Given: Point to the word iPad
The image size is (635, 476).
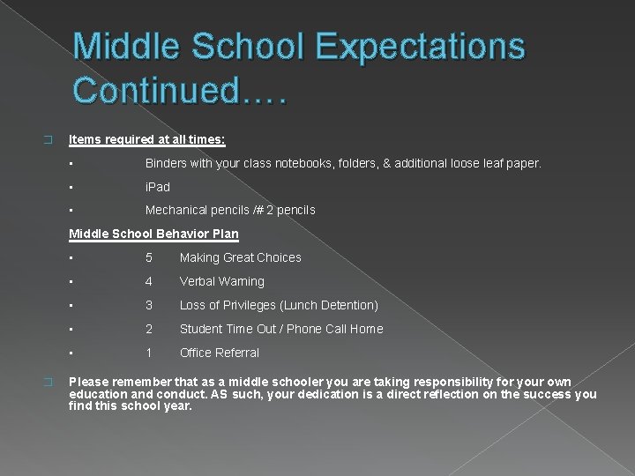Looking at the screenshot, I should point(157,187).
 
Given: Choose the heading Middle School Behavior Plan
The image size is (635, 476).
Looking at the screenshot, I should point(153,234).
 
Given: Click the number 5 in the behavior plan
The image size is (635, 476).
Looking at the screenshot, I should point(149,257).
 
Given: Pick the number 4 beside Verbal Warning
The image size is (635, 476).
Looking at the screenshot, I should point(149,281).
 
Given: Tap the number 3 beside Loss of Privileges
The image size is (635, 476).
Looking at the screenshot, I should point(149,305).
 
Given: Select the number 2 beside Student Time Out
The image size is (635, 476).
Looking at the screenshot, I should point(149,329).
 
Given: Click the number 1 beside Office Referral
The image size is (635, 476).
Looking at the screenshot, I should point(149,353).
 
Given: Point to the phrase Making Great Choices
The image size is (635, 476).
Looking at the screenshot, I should point(241,257).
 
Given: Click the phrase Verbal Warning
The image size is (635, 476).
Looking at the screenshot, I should point(222,281).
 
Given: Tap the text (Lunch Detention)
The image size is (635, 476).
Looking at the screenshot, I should point(328,305).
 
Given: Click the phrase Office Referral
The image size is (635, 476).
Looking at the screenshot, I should point(220,353).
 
